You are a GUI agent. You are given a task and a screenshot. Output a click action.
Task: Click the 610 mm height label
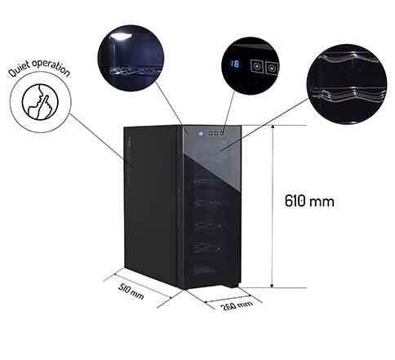tap(309, 201)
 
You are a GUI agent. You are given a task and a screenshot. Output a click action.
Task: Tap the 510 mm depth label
tap(131, 291)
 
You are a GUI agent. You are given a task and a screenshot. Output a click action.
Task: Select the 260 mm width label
tap(236, 305)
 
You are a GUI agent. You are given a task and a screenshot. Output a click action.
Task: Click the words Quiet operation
tap(39, 68)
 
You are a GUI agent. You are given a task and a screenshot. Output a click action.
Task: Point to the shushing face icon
tap(40, 101)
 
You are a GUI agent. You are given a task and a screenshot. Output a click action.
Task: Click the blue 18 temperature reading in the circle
tap(234, 64)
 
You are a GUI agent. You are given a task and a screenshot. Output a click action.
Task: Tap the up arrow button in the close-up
tap(257, 66)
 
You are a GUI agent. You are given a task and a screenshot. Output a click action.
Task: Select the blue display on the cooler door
tap(201, 133)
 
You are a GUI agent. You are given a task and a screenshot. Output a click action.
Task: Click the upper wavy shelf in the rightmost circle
tap(351, 61)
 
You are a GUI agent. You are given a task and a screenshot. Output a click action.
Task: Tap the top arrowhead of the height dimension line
tap(272, 127)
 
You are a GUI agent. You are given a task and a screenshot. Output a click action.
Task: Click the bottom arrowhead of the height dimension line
tap(272, 285)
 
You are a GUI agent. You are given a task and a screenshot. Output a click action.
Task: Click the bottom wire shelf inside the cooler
tap(211, 247)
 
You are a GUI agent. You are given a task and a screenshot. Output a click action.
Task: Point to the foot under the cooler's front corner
tap(231, 285)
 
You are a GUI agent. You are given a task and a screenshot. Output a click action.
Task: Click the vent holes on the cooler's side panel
tap(129, 161)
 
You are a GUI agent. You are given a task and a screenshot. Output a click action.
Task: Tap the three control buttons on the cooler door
tap(216, 133)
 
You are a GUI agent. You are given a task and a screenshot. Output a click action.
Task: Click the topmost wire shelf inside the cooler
tap(211, 158)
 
